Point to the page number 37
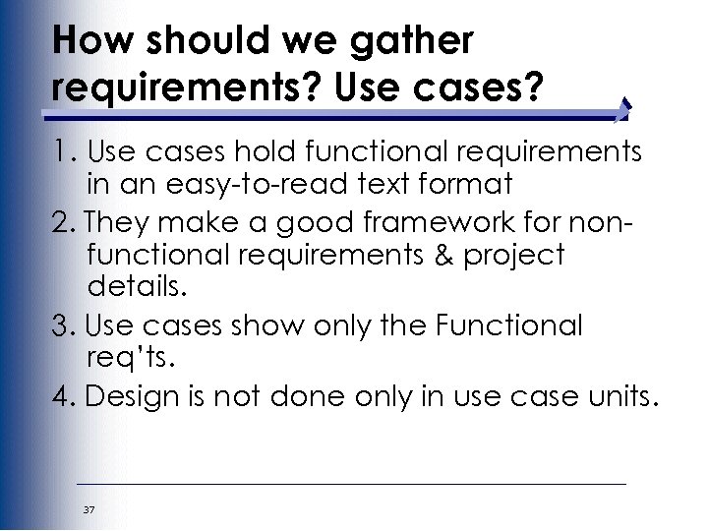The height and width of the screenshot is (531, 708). pos(89,509)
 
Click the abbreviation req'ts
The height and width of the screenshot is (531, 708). pos(129,357)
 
